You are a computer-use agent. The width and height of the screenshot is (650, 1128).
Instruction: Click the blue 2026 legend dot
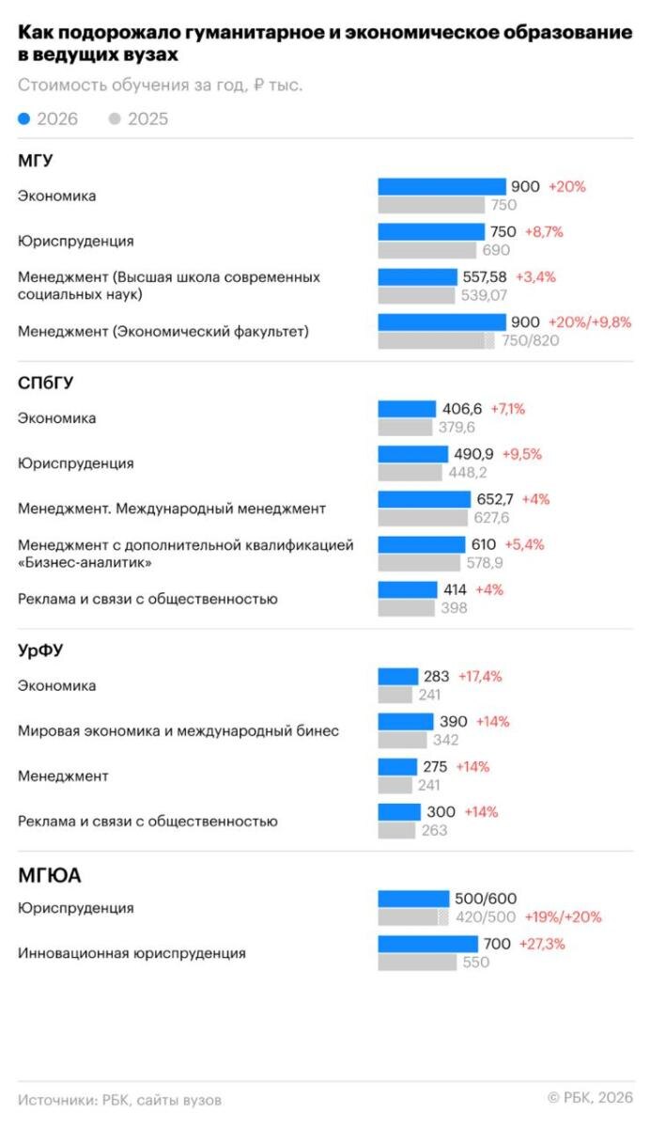[23, 118]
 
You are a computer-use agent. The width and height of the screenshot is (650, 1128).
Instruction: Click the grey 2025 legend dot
[115, 118]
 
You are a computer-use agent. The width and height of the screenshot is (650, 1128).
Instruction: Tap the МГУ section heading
[35, 161]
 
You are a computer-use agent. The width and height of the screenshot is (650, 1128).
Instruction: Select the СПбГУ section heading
[45, 384]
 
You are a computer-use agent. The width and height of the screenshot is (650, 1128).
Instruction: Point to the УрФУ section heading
[40, 650]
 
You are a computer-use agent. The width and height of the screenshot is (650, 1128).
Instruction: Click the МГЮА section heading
[49, 876]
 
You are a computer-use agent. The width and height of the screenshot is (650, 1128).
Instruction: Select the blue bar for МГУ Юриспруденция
[431, 231]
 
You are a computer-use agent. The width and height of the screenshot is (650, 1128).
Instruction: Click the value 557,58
[485, 277]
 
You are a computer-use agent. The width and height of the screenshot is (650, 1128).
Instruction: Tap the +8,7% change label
[544, 231]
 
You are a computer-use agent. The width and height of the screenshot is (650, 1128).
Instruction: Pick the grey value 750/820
[531, 340]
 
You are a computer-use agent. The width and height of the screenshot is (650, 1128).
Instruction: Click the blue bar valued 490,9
[413, 454]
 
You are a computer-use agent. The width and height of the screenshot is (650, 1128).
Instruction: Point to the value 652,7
[495, 499]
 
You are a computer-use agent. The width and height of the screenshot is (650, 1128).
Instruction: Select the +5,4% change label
[524, 544]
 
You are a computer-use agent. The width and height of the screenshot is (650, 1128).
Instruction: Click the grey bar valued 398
[407, 608]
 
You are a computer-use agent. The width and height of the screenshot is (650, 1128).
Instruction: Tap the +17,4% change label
[480, 676]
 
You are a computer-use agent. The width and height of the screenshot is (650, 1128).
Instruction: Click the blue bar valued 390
[406, 722]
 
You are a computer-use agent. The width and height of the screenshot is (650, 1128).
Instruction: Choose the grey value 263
[434, 830]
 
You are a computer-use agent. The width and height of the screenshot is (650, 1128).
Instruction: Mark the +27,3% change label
[542, 944]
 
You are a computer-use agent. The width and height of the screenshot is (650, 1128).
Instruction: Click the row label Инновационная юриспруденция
[132, 953]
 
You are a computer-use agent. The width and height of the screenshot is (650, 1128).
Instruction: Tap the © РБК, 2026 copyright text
[590, 1097]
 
